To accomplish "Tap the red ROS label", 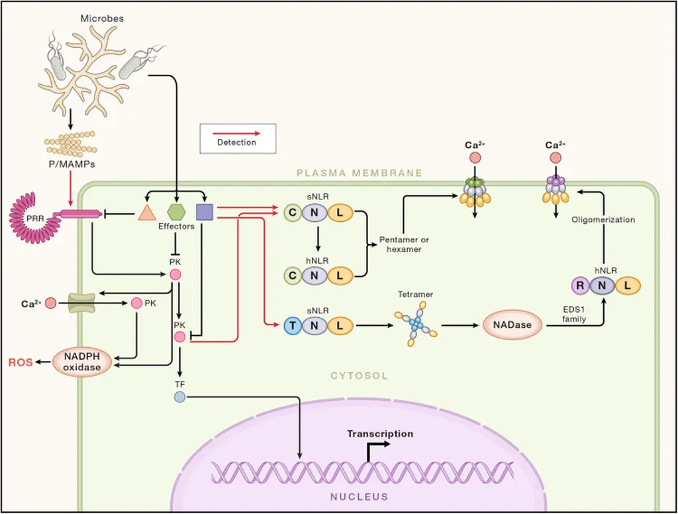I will coord(20,362).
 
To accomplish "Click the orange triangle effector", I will coord(146,212).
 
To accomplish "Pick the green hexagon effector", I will coord(176,212).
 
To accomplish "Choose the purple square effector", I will coord(205,212).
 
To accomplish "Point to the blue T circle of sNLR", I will coord(292,325).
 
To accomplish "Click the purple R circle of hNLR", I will coord(580,286).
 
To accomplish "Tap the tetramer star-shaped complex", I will coord(415,325).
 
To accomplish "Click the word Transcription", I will coord(380,434).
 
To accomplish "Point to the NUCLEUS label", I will coord(359,496).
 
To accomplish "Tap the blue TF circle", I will coord(179,397).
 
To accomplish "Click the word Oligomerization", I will coord(603,219).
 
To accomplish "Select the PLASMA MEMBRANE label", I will coord(359,173).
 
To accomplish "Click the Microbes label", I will coord(102,19).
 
